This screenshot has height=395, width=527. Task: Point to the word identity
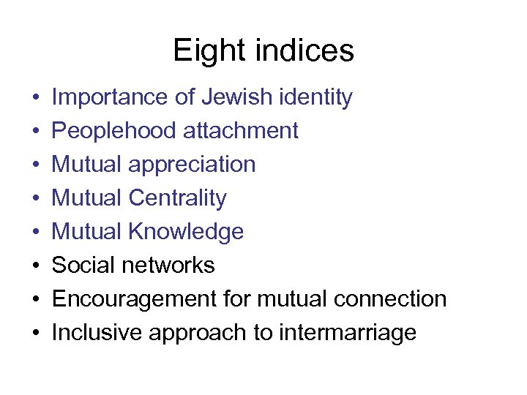click(317, 97)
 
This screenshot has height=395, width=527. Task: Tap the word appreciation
click(192, 165)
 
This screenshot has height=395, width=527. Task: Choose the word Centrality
click(178, 198)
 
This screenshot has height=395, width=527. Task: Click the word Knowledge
click(186, 232)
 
